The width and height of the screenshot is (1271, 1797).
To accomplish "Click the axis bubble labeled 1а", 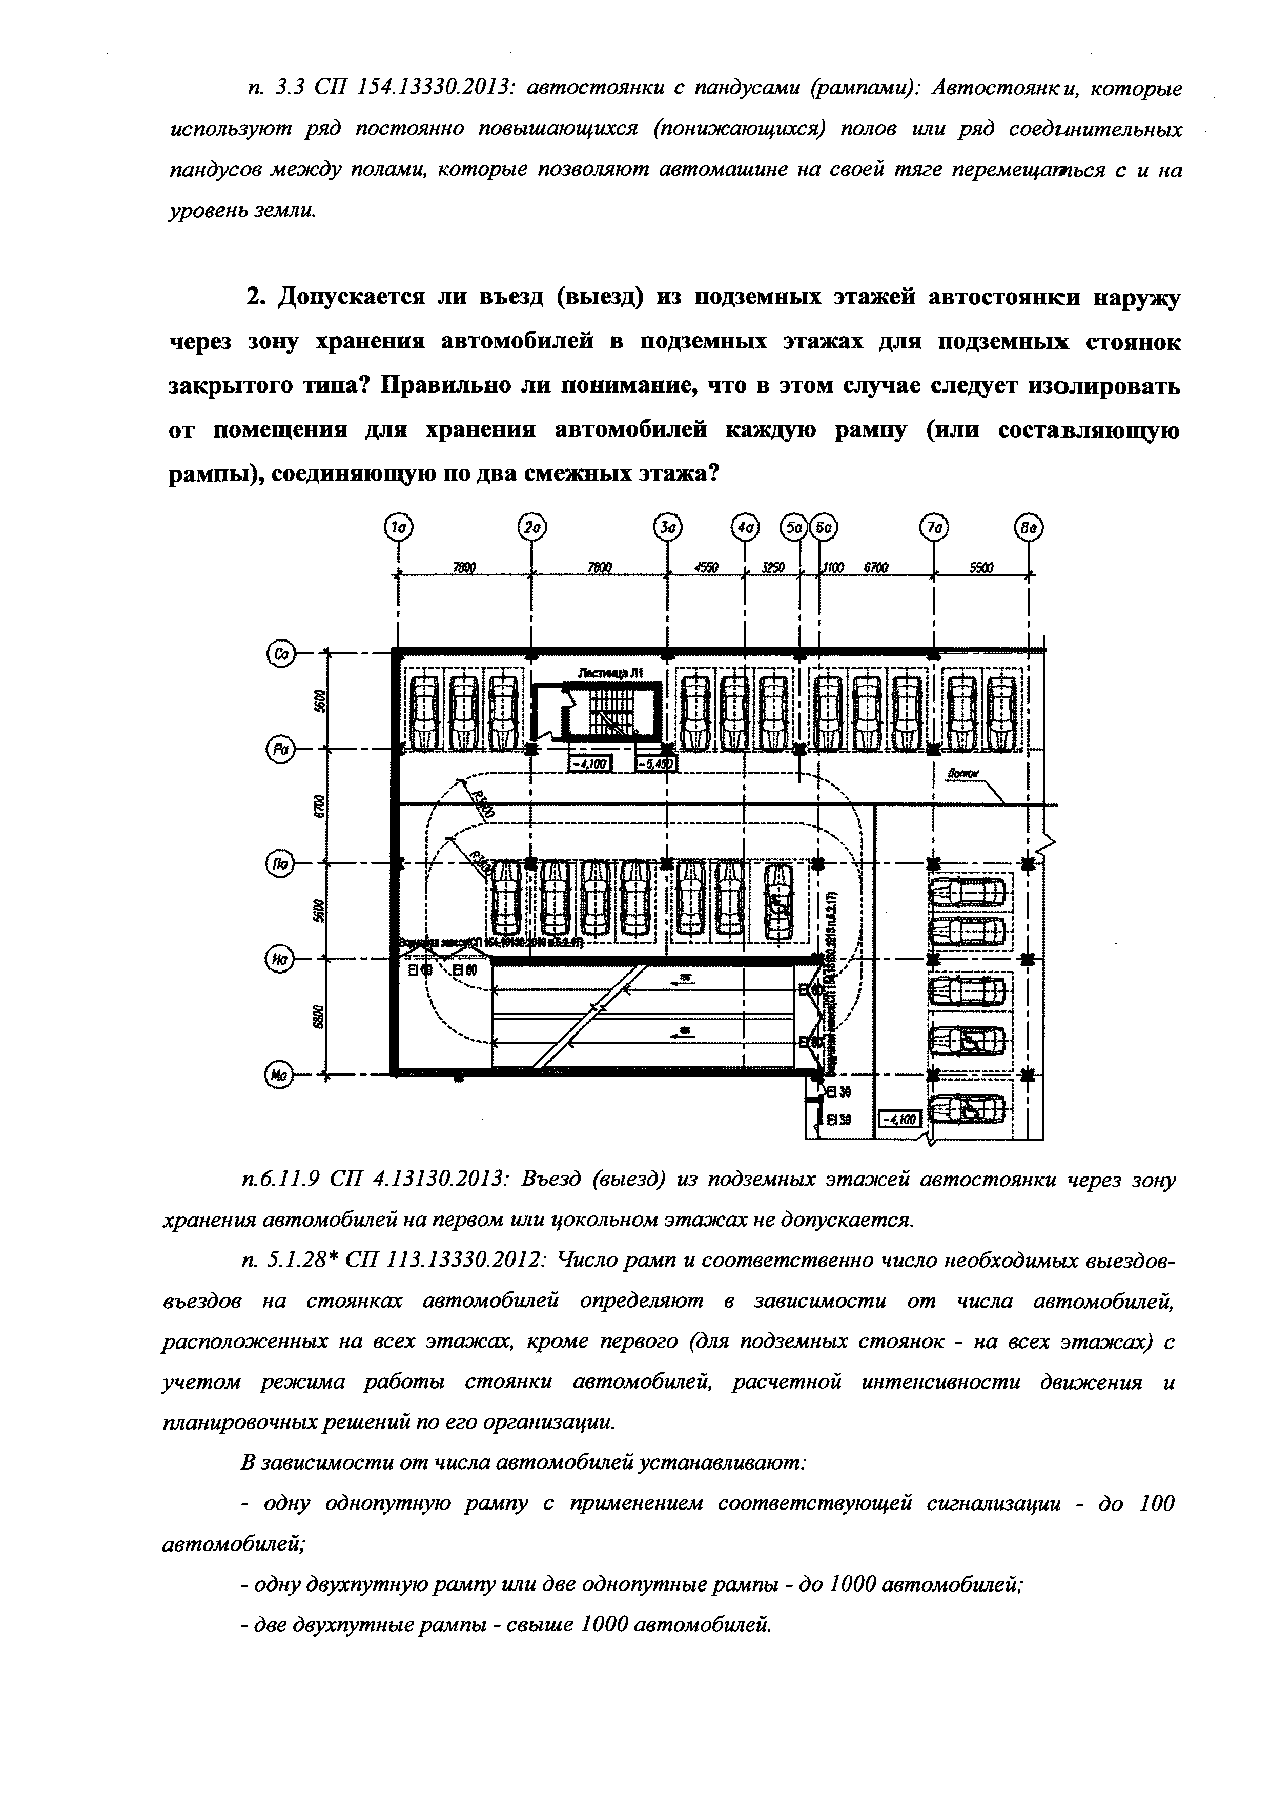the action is tap(399, 529).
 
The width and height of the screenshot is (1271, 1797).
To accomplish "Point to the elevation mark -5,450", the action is tap(656, 763).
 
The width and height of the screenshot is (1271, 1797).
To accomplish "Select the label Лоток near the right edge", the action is tap(964, 773).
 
